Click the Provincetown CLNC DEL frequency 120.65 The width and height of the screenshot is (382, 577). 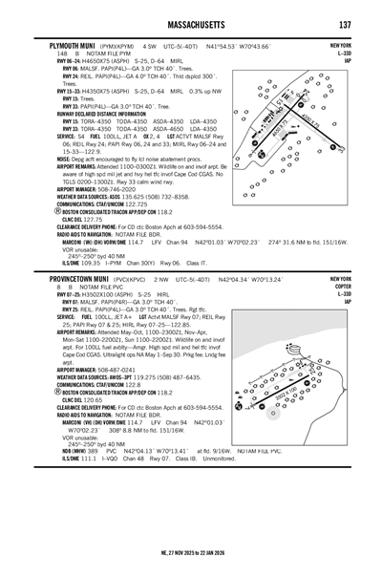point(81,401)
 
